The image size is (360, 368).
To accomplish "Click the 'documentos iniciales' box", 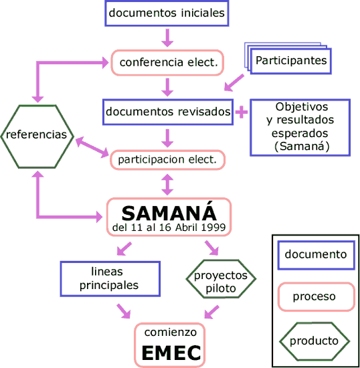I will [x=167, y=13].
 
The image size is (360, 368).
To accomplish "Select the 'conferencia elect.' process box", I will [x=167, y=63].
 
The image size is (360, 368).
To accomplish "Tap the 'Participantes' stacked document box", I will [x=291, y=61].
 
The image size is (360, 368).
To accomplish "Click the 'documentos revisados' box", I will [x=168, y=112].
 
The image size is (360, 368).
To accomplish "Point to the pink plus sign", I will [x=241, y=112].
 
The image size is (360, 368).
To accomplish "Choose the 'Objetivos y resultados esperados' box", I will [x=300, y=127].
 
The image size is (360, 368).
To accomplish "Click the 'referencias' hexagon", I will [x=37, y=135].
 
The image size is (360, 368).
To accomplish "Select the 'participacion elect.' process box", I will [x=167, y=160].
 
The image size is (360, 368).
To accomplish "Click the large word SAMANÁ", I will [x=169, y=213].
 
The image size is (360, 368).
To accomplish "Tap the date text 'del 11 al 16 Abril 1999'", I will [x=169, y=228].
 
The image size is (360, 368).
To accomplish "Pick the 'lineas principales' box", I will [x=110, y=278].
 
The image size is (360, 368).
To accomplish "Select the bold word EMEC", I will [x=171, y=353].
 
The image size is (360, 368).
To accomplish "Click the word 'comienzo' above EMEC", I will [x=171, y=332].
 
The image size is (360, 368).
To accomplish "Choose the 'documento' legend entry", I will [x=315, y=254].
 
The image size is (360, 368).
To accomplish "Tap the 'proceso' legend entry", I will [x=315, y=296].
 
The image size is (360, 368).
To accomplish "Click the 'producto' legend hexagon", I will [x=314, y=341].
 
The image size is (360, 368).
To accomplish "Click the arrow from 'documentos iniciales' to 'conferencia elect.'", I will [x=167, y=37].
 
